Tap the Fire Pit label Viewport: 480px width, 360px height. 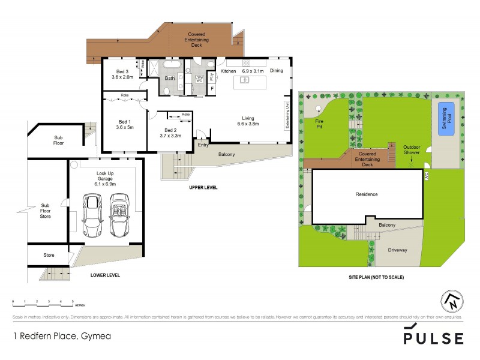click(311, 123)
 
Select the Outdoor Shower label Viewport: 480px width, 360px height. click(412, 149)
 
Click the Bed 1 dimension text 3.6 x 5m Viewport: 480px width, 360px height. click(125, 127)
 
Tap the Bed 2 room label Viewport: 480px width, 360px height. click(170, 130)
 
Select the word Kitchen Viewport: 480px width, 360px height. click(228, 71)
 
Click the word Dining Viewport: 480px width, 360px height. click(276, 71)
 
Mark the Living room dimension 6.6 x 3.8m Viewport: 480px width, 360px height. click(248, 124)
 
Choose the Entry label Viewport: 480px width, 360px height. click(203, 145)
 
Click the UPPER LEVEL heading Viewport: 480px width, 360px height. click(203, 188)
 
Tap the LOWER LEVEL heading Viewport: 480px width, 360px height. click(105, 275)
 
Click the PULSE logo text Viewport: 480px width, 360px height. click(433, 337)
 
